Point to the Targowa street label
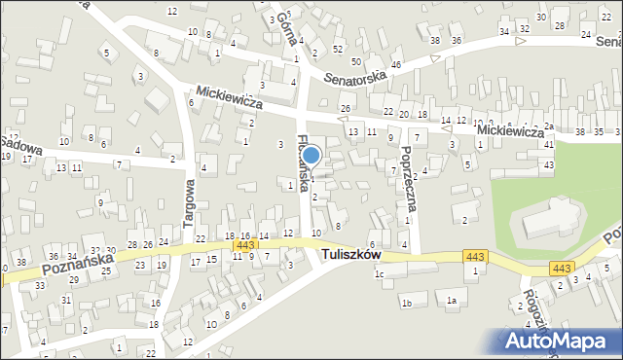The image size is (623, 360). click(x=190, y=203)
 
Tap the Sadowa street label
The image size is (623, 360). click(x=21, y=145)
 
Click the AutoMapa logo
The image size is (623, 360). click(x=559, y=341)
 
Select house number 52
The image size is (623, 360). click(x=337, y=48)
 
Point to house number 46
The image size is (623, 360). click(x=395, y=64)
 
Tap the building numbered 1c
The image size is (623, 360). click(x=380, y=274)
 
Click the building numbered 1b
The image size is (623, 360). click(x=408, y=305)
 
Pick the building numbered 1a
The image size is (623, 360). click(x=452, y=301)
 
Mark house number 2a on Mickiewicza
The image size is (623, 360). click(x=548, y=126)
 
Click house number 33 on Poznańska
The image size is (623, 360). click(x=39, y=286)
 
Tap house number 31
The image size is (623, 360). click(x=66, y=300)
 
